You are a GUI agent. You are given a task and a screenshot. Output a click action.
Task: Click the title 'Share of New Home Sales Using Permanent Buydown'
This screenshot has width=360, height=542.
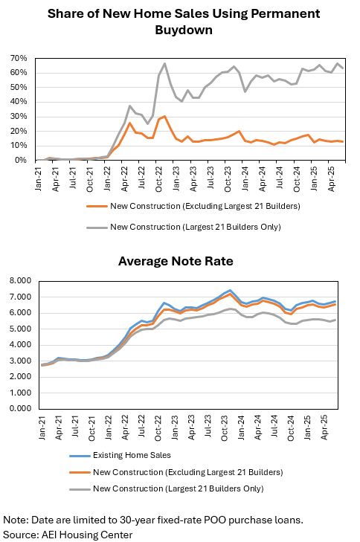point(184,22)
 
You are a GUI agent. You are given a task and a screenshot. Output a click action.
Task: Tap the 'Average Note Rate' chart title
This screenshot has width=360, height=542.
point(176,261)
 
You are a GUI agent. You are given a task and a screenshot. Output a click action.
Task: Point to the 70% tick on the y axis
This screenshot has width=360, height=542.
point(19,59)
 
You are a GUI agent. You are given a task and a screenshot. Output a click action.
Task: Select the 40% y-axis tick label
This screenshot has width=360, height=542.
point(19,102)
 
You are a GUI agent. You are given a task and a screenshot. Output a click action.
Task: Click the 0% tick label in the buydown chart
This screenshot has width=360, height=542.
point(20,160)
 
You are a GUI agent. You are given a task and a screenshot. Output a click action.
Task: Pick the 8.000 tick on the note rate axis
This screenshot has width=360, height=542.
point(20,281)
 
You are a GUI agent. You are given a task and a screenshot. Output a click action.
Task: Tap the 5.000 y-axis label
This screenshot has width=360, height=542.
point(20,329)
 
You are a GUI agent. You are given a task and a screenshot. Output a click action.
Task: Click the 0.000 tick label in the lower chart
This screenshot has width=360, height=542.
point(20,409)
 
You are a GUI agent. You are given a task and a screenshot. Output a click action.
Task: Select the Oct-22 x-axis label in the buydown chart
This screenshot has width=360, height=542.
point(158,179)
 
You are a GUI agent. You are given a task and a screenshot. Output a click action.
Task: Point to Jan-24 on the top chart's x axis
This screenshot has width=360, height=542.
point(245,178)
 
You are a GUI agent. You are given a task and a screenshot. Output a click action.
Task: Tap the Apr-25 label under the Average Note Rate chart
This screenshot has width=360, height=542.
point(324,428)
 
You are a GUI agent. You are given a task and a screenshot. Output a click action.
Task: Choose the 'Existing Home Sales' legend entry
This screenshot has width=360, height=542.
point(120,455)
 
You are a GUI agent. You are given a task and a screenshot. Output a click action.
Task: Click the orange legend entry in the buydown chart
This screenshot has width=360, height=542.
point(193,207)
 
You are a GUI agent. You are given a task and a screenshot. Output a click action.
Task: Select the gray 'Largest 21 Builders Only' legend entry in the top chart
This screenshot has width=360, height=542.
point(184,227)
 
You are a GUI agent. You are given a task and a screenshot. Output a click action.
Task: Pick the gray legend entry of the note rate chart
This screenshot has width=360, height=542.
point(167,488)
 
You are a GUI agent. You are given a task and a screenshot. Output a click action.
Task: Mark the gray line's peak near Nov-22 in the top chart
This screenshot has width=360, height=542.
point(164,63)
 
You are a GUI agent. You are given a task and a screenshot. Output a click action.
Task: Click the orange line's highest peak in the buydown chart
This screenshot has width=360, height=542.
point(164,116)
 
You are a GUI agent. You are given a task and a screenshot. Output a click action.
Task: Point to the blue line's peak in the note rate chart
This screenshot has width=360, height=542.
point(230,291)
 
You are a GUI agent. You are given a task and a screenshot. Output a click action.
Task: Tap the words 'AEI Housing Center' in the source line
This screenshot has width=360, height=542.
point(87,535)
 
